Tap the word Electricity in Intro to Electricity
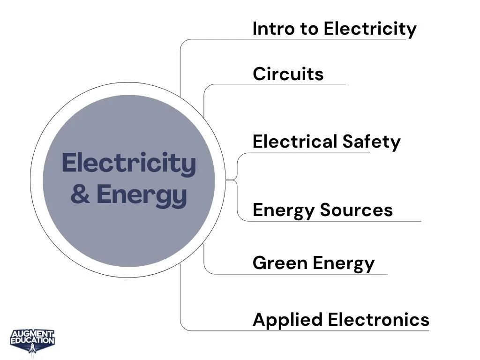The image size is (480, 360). [369, 29]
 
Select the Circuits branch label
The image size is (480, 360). [288, 74]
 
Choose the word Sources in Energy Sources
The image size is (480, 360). [356, 210]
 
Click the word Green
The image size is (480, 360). [280, 263]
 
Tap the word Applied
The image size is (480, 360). [287, 320]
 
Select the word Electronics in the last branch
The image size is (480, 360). [378, 320]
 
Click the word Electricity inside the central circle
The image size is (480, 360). [129, 163]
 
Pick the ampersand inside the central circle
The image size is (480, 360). [81, 195]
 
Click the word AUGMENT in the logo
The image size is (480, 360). [32, 334]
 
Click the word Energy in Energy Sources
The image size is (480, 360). [283, 210]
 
